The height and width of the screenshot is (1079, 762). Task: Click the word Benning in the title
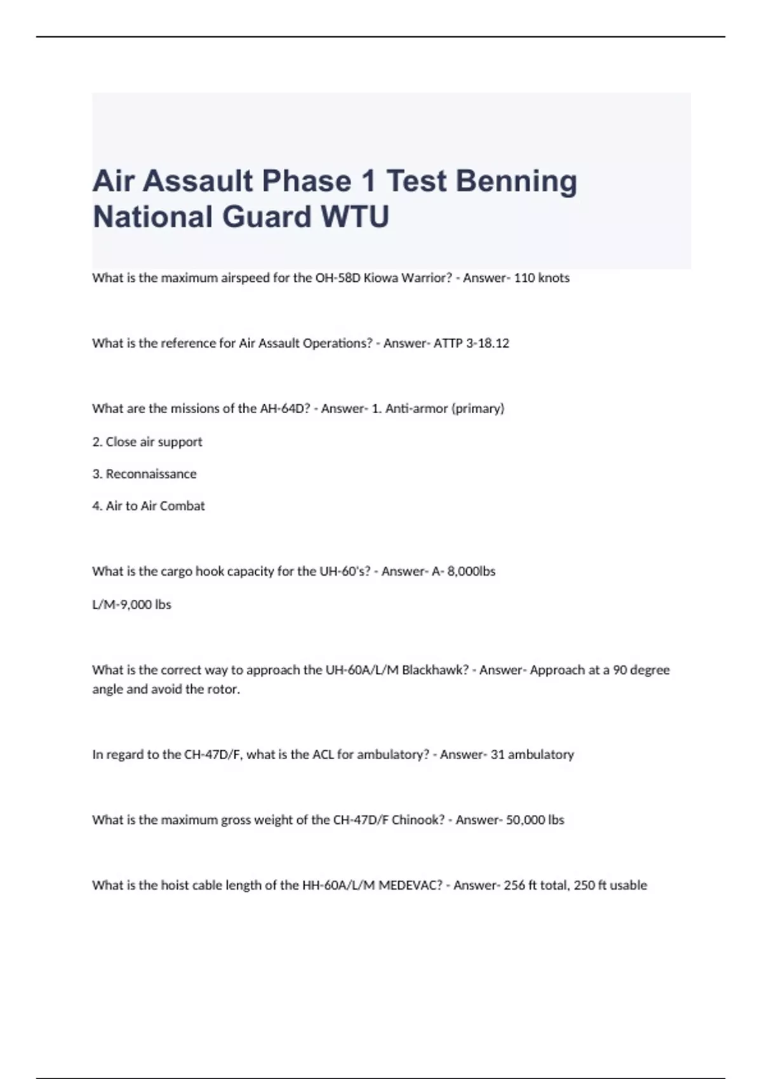click(x=516, y=182)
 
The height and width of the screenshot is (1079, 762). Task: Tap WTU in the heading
click(x=354, y=217)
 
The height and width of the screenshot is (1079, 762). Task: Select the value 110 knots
click(x=541, y=278)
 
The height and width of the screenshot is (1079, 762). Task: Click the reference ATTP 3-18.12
click(x=471, y=343)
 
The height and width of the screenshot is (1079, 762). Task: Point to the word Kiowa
click(x=380, y=278)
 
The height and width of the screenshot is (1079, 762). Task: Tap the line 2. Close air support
click(x=147, y=442)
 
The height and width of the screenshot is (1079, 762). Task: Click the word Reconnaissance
click(x=151, y=474)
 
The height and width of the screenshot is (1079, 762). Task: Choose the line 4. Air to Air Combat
click(x=149, y=506)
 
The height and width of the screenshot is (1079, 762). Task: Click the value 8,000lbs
click(x=471, y=571)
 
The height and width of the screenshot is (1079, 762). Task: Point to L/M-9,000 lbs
click(x=131, y=604)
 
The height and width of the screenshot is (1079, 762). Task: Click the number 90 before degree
click(x=620, y=670)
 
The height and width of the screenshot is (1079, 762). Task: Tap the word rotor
click(x=224, y=689)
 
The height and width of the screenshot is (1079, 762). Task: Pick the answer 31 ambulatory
click(x=532, y=755)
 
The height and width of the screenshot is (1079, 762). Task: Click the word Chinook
click(x=418, y=820)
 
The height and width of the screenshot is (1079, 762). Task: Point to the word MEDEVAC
click(x=410, y=885)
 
